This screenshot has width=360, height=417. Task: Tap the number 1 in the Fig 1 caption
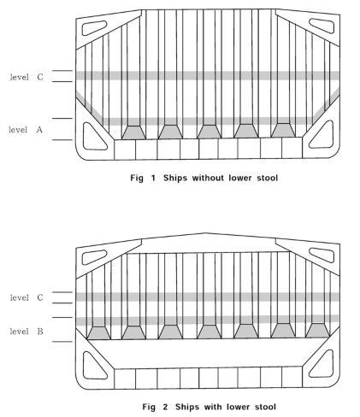[153, 178]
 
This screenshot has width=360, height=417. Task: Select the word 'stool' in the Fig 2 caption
[265, 407]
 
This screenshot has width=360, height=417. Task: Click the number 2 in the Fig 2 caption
[165, 407]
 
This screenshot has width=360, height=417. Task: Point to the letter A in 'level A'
[39, 130]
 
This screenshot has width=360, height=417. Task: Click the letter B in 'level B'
[40, 332]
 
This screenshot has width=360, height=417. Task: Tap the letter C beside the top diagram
[40, 77]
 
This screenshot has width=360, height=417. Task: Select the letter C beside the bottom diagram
[40, 297]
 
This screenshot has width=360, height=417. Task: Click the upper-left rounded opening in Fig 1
[94, 28]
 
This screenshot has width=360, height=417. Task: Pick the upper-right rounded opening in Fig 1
[322, 26]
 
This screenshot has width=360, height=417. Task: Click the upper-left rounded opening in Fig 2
[94, 257]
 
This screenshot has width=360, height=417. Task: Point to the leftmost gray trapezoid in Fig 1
[133, 132]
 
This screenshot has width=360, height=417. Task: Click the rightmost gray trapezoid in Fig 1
[283, 131]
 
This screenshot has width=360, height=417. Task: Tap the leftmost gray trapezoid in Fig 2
[98, 333]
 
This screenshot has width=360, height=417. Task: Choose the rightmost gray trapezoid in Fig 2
[318, 331]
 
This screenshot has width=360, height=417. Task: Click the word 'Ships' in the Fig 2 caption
[186, 407]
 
